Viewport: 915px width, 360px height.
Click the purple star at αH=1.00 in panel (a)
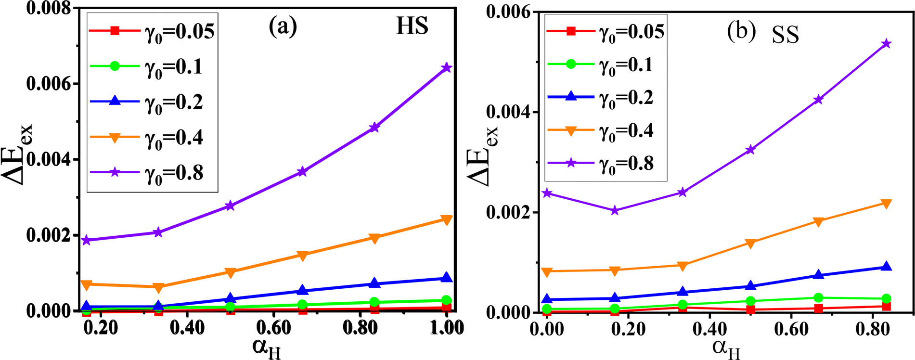click(x=447, y=68)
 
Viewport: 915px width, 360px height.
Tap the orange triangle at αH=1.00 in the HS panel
click(x=447, y=220)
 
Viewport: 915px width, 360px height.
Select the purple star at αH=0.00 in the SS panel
click(x=546, y=193)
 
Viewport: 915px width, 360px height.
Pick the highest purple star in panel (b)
click(x=886, y=44)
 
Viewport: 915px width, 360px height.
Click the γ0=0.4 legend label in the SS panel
click(x=626, y=130)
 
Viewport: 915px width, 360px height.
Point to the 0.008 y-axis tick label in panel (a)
click(x=48, y=9)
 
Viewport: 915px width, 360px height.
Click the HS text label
click(x=412, y=26)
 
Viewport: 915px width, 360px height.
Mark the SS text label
click(x=786, y=35)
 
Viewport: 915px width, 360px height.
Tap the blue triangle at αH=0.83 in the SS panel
click(x=886, y=267)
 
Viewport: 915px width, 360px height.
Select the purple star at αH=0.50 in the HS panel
click(x=230, y=206)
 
